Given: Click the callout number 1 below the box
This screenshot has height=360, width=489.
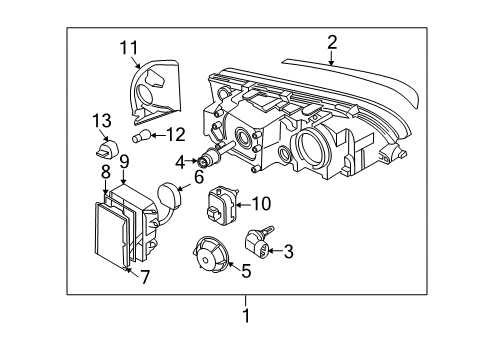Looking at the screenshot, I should point(245,317).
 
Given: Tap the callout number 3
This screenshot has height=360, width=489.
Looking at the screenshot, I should point(287,252).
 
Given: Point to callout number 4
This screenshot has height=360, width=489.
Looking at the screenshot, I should point(180,160).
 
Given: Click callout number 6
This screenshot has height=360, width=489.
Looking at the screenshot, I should point(199,176).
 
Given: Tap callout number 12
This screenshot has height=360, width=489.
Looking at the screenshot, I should point(175,133).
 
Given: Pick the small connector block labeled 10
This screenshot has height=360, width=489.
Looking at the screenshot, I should point(221,205).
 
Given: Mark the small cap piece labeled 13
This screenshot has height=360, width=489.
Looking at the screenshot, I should point(103,151).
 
